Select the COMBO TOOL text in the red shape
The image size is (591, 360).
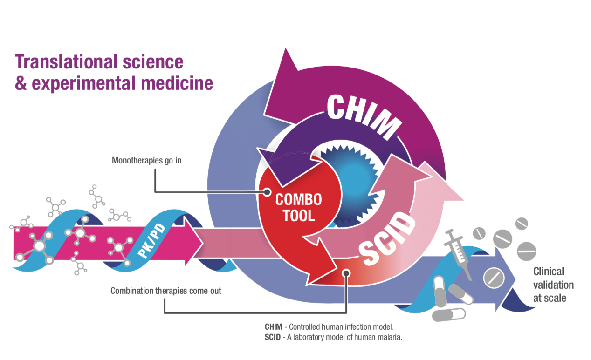[298, 207]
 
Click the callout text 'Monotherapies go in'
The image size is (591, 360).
[146, 161]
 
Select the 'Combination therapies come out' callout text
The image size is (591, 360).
[166, 291]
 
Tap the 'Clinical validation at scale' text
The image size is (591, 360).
[553, 285]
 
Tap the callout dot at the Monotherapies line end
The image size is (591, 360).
[267, 191]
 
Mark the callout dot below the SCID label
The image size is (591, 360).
[345, 273]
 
